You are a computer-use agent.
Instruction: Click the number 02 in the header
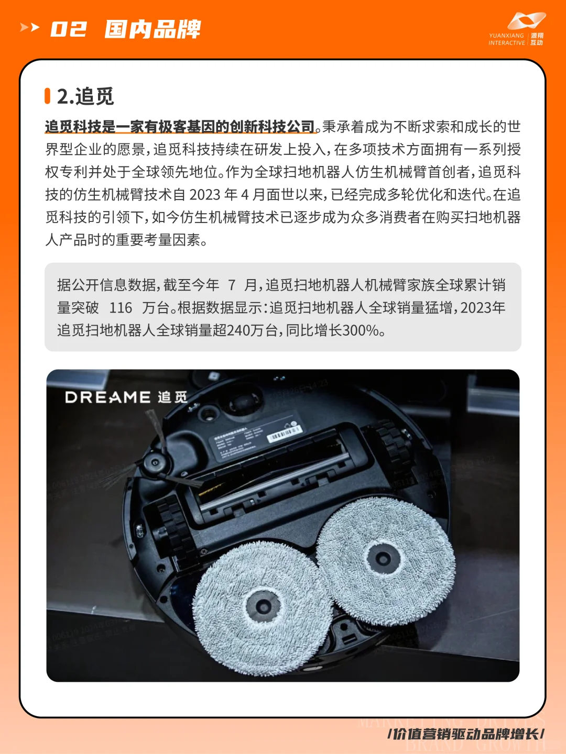click(x=68, y=29)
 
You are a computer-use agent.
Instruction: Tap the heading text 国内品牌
click(x=153, y=29)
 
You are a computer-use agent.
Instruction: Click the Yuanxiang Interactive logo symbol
click(x=526, y=21)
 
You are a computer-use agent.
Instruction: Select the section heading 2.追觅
click(x=85, y=96)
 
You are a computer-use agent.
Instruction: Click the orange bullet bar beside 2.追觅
click(x=48, y=96)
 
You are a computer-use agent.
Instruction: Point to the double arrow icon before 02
click(x=29, y=27)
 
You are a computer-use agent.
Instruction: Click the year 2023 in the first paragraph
click(x=204, y=195)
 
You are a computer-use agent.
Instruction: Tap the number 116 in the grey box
click(x=121, y=308)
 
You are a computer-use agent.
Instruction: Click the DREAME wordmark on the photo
click(x=107, y=397)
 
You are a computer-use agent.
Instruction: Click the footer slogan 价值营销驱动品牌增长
click(x=466, y=734)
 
